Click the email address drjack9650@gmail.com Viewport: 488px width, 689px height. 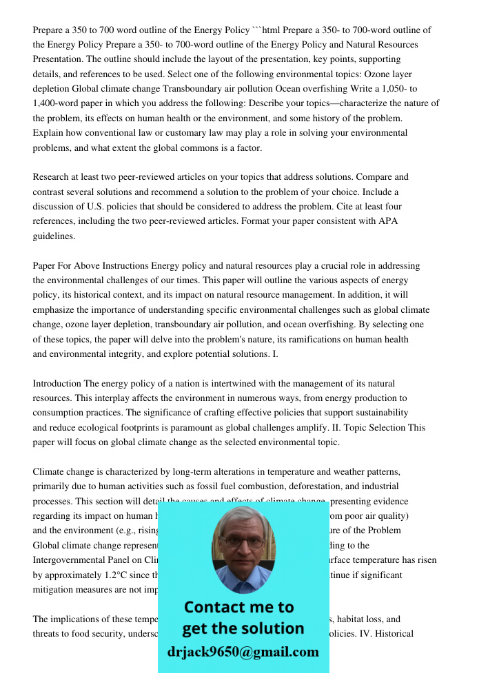243,652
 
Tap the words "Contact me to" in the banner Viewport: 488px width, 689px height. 238,607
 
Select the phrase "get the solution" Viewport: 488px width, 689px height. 243,628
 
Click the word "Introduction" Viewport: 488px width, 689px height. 57,383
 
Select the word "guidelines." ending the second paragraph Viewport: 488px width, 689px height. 54,236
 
